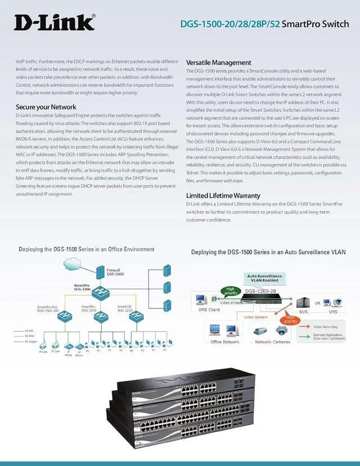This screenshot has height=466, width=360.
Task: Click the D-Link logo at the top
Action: tap(54, 22)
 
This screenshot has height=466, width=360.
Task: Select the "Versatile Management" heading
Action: tap(218, 62)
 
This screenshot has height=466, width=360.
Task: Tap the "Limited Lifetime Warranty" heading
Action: tap(223, 195)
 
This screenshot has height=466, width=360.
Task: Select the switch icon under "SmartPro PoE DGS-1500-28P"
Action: tap(48, 319)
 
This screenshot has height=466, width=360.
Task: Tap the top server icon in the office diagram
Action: tap(168, 269)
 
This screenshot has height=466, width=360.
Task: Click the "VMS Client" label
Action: tap(209, 310)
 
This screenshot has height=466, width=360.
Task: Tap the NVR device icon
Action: tap(303, 303)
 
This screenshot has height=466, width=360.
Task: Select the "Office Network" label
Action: tap(224, 342)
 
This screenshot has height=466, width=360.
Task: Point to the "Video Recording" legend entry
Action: tap(325, 327)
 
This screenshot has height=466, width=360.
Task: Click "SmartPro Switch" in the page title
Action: tap(318, 24)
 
